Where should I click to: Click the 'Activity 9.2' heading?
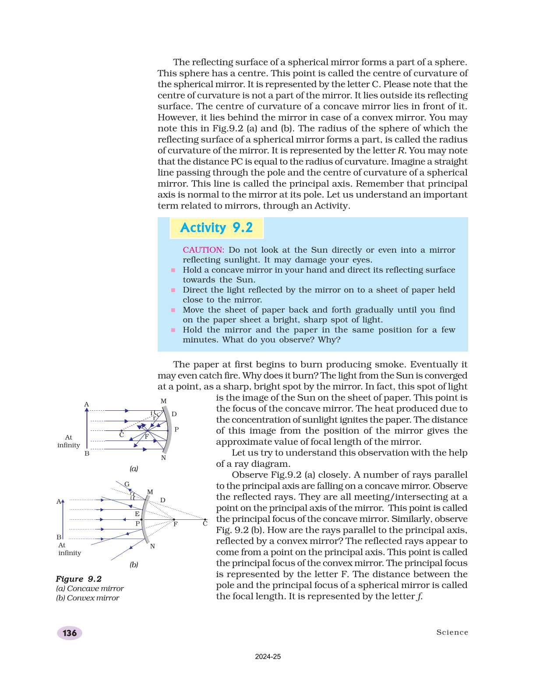(x=216, y=228)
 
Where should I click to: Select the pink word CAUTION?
(x=203, y=250)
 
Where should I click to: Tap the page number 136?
(x=70, y=633)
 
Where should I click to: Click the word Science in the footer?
(x=452, y=632)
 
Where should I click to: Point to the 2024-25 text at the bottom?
(x=268, y=656)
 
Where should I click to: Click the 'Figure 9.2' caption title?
(x=79, y=578)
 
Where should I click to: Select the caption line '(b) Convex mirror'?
(x=88, y=598)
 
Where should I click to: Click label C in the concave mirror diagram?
(x=122, y=435)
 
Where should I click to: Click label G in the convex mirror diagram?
(x=127, y=484)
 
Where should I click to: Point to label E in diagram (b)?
(x=137, y=514)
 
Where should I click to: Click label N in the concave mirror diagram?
(x=163, y=458)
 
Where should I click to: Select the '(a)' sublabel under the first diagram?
(x=134, y=469)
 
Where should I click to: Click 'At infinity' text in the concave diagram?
(x=69, y=441)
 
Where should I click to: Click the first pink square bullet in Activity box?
(x=173, y=270)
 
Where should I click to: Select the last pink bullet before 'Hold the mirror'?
(x=173, y=330)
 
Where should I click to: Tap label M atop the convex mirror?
(x=150, y=492)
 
